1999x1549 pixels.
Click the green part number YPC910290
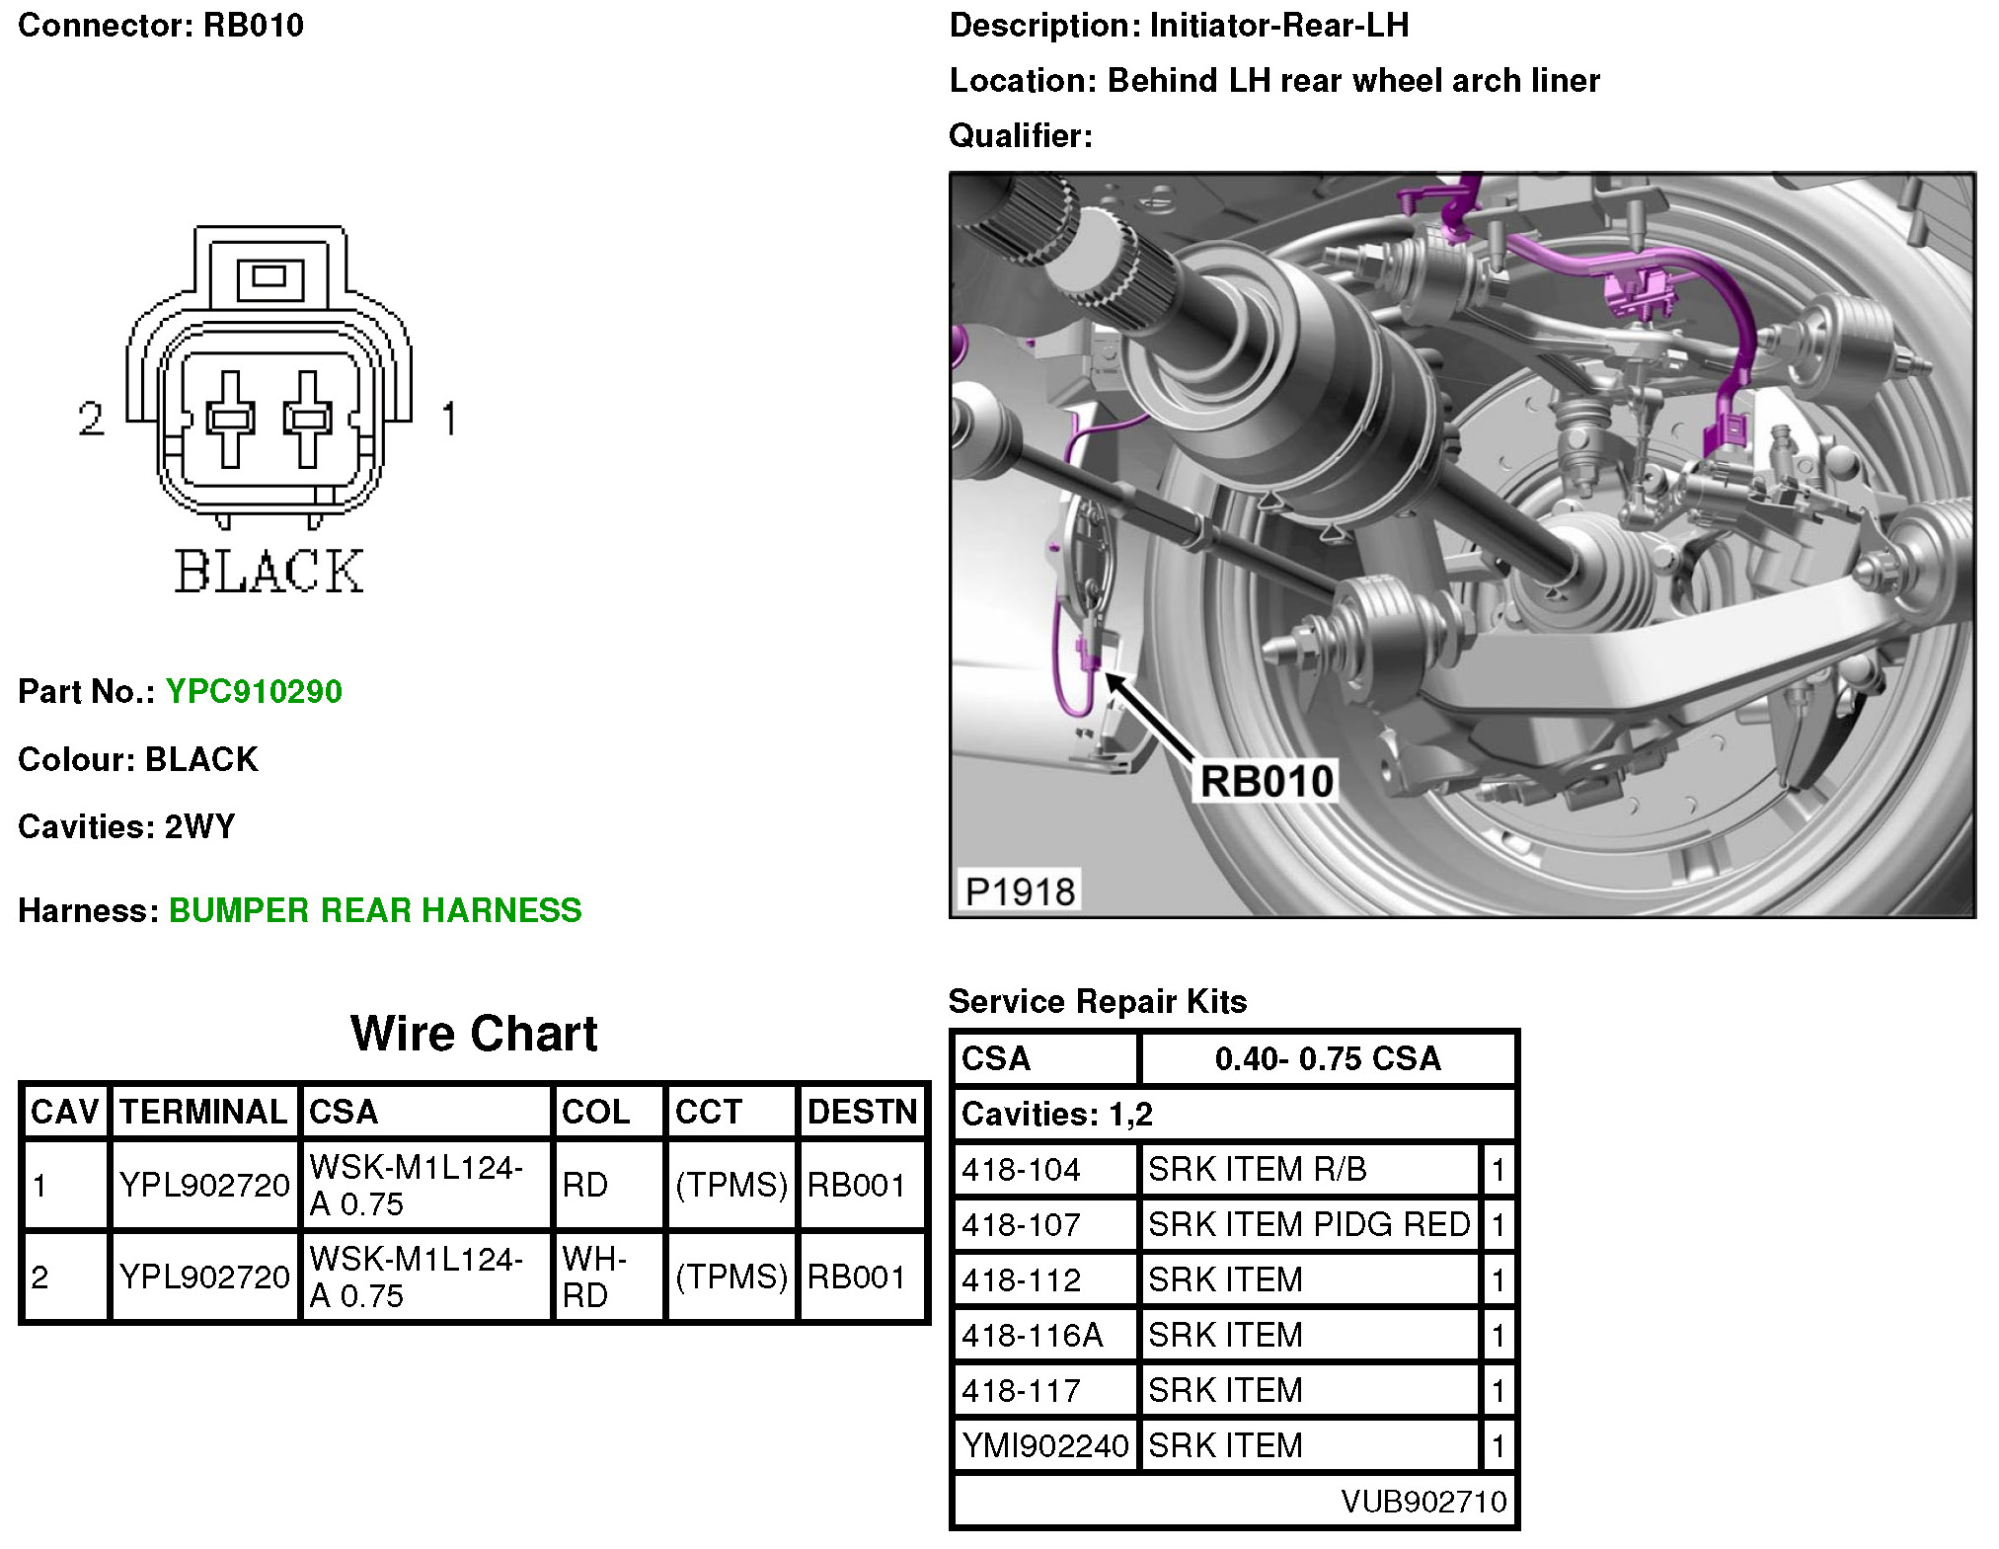[x=254, y=691]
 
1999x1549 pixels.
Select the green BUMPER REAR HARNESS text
[x=375, y=910]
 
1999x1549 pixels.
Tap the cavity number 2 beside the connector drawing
[x=91, y=419]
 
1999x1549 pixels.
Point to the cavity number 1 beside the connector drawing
[x=449, y=419]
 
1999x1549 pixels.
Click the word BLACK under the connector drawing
[x=269, y=572]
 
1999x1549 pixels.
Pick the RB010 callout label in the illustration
[x=1267, y=781]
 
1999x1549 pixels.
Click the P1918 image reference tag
[x=1020, y=891]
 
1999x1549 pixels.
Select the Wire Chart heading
[x=474, y=1034]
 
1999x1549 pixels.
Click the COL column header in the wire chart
[x=595, y=1112]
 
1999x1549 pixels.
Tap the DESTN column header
[x=863, y=1112]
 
